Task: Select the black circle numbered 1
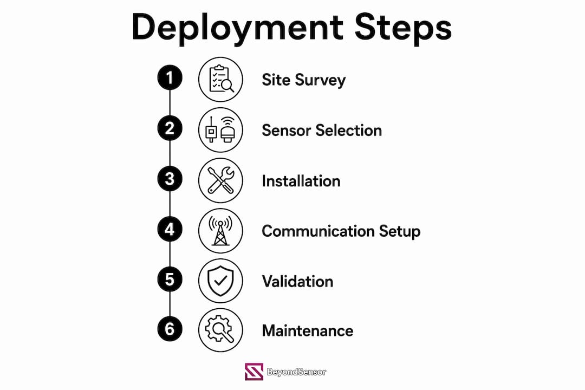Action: (x=170, y=77)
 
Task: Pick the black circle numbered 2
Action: (x=170, y=128)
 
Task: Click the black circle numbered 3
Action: (x=170, y=178)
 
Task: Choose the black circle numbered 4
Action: (x=170, y=229)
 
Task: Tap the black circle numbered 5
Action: (x=170, y=279)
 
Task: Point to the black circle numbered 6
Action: (x=170, y=329)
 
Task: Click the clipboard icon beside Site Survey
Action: (x=220, y=79)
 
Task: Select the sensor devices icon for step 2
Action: (x=220, y=129)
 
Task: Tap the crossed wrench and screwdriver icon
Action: (x=220, y=180)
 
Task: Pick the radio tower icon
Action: (x=220, y=231)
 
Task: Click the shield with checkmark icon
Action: (x=220, y=281)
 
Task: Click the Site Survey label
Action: (x=304, y=80)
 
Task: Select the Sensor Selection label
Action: (x=322, y=130)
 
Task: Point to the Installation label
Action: (x=301, y=181)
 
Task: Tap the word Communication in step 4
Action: (x=318, y=231)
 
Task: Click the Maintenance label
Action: (x=308, y=330)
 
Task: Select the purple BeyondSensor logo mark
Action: (x=254, y=372)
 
